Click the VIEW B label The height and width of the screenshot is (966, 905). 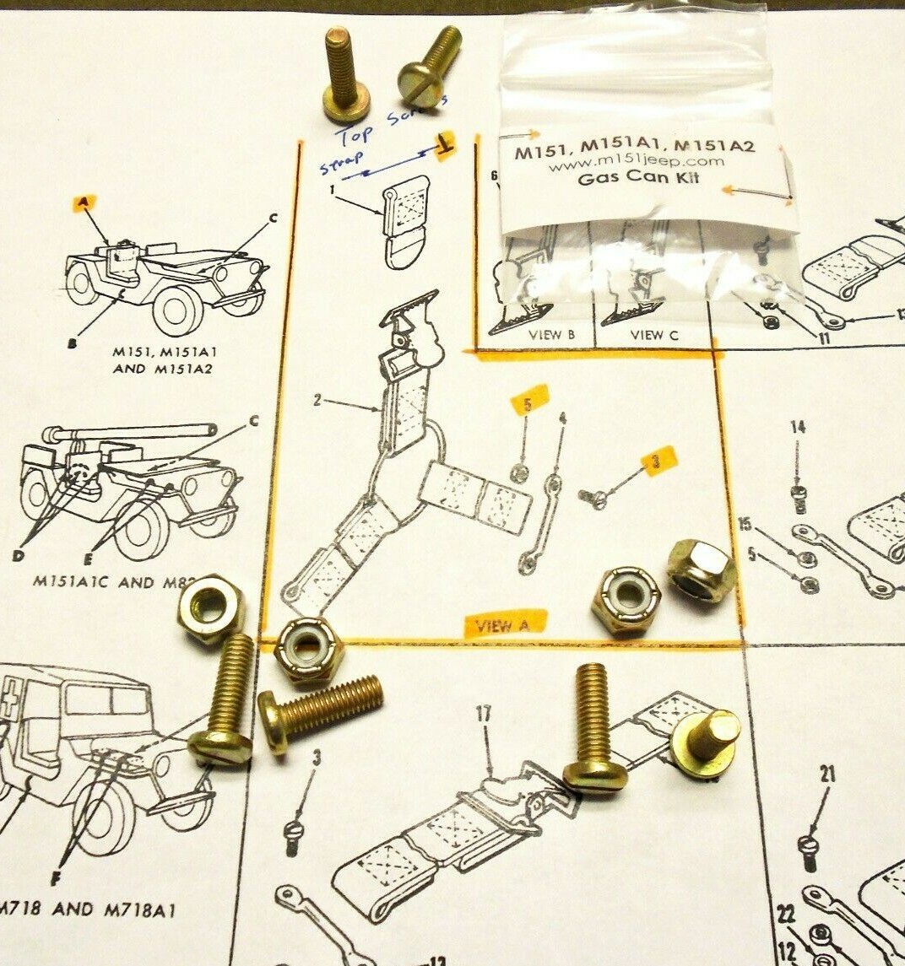pos(551,334)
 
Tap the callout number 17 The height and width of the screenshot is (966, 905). pos(483,714)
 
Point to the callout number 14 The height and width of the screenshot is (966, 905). pos(797,427)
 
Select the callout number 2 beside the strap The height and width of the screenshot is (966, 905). pos(317,400)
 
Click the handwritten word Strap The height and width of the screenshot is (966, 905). pos(334,162)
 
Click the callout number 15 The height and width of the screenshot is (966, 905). pos(745,523)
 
